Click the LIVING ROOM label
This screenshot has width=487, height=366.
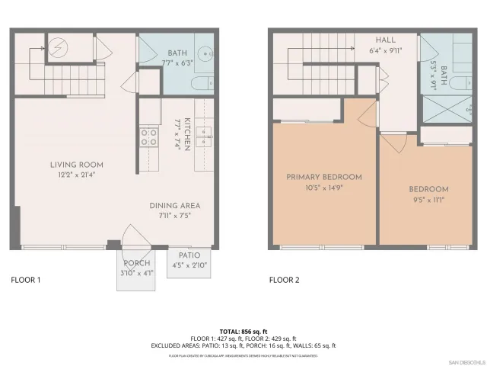76,165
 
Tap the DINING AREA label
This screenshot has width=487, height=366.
174,206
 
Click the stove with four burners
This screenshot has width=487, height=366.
148,137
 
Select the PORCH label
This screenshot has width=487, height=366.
136,263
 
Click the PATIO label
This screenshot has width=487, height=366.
189,255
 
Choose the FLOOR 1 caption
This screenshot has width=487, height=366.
25,280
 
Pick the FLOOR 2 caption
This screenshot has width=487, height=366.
284,280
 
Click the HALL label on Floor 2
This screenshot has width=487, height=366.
387,40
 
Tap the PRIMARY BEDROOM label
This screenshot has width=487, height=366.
323,177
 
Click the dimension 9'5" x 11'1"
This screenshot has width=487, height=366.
428,201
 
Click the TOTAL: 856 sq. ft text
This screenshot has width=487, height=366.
243,331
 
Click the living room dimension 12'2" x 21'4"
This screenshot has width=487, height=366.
76,175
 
